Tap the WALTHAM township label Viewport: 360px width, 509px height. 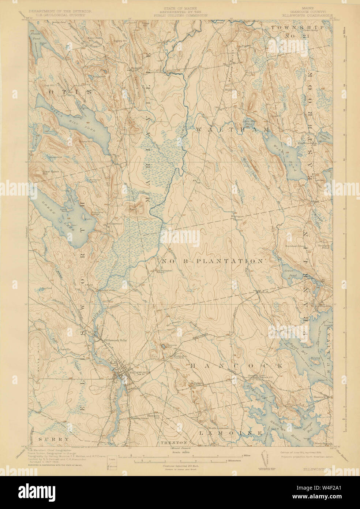(x=233, y=130)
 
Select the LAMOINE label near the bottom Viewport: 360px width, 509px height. (x=230, y=433)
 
